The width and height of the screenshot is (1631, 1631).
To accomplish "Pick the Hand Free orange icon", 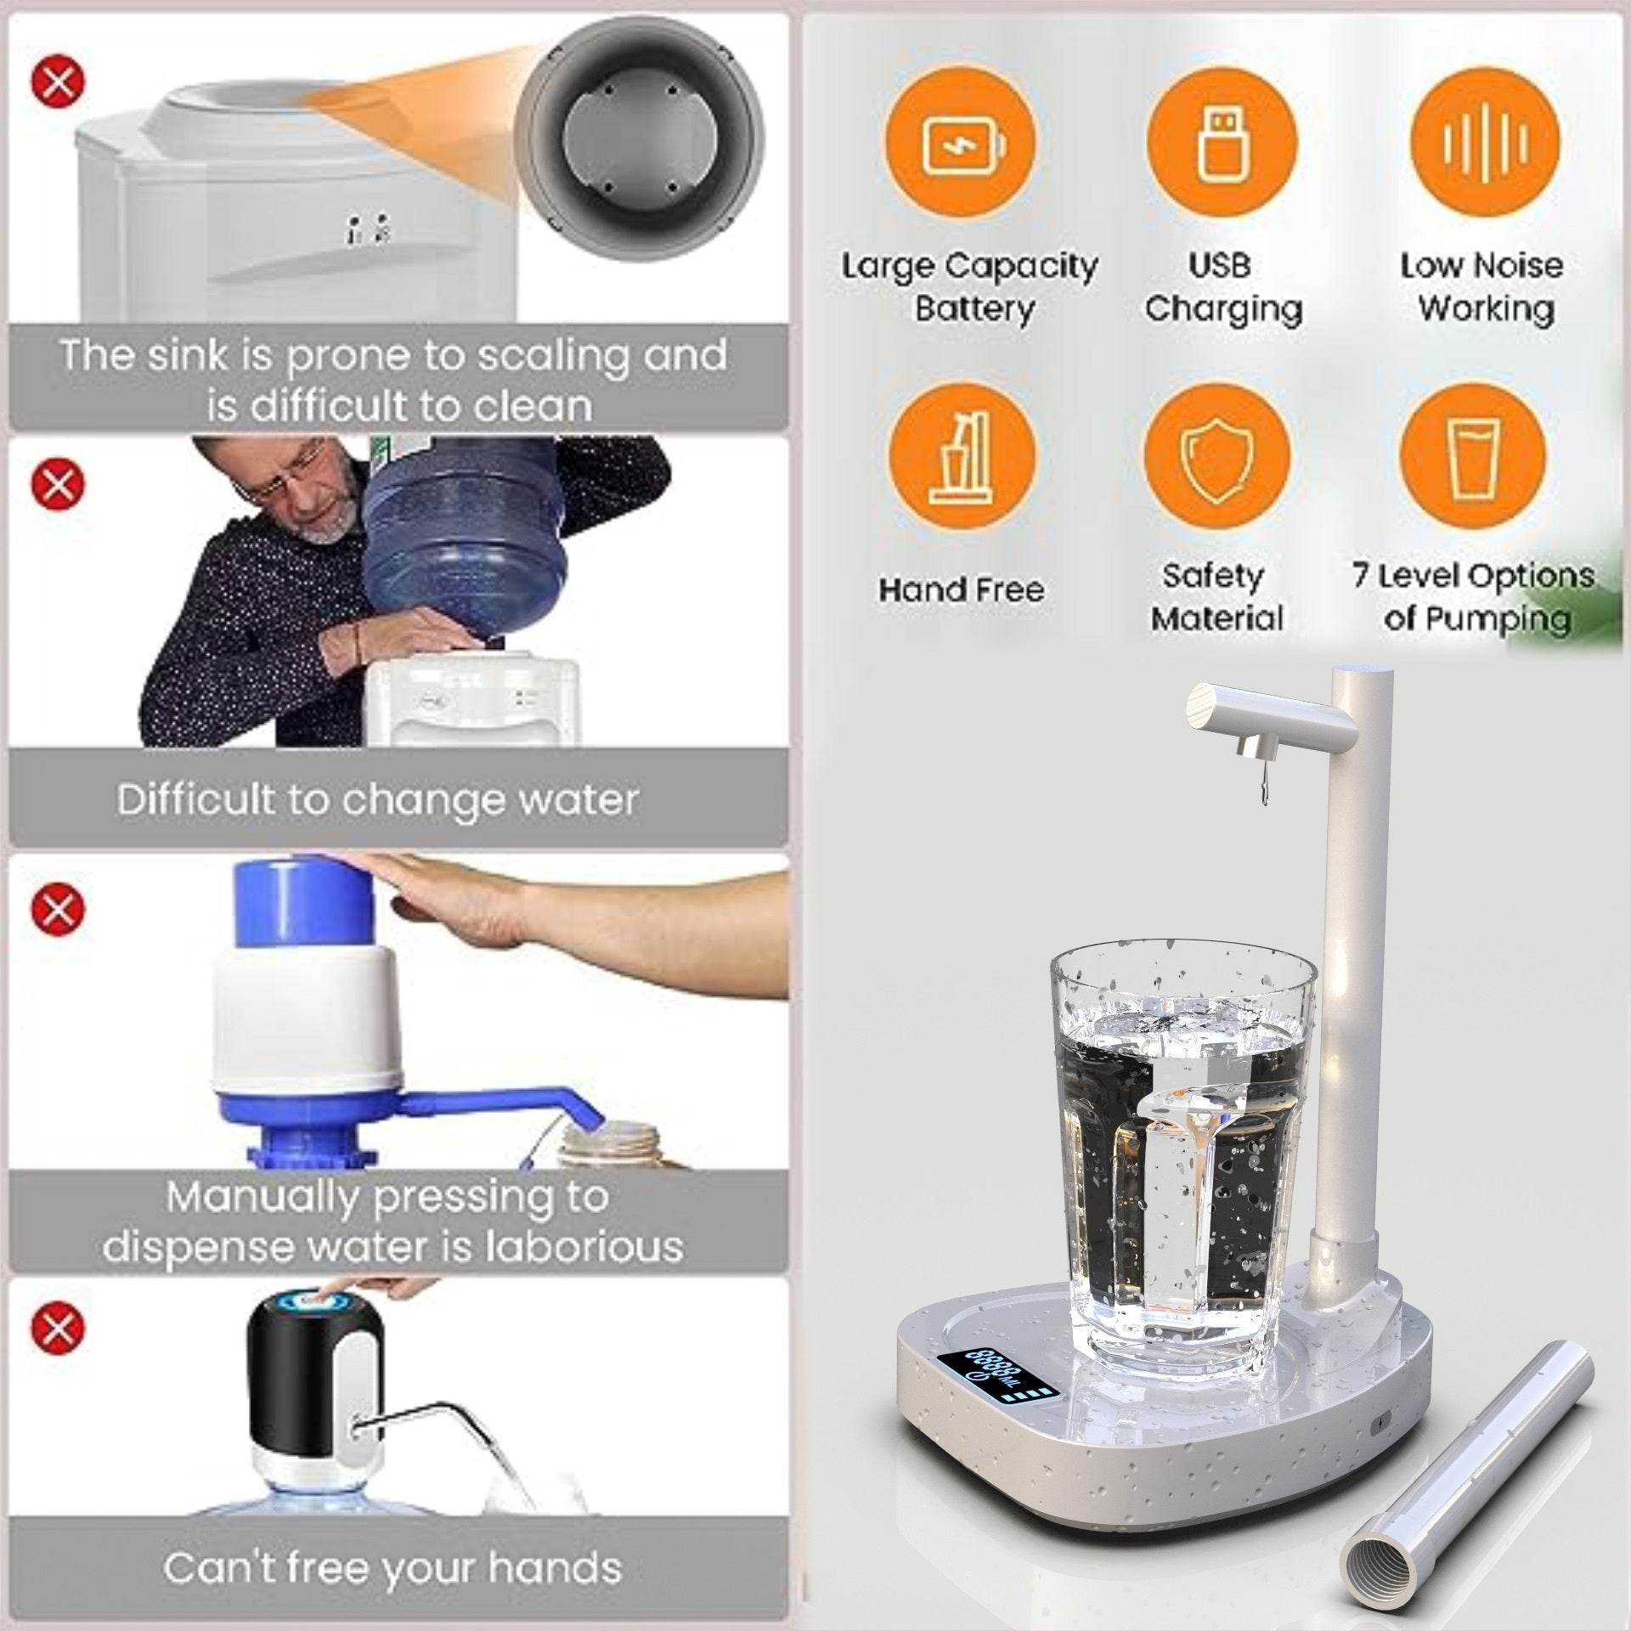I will (x=962, y=459).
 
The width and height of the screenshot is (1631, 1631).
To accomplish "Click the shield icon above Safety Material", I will (x=1216, y=459).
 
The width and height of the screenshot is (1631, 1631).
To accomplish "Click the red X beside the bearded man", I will (x=59, y=484).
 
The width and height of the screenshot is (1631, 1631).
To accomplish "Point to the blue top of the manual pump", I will (x=304, y=904).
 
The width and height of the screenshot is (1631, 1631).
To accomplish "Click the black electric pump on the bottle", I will (x=312, y=1368).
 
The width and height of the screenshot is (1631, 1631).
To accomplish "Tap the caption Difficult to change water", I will (x=377, y=800).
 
